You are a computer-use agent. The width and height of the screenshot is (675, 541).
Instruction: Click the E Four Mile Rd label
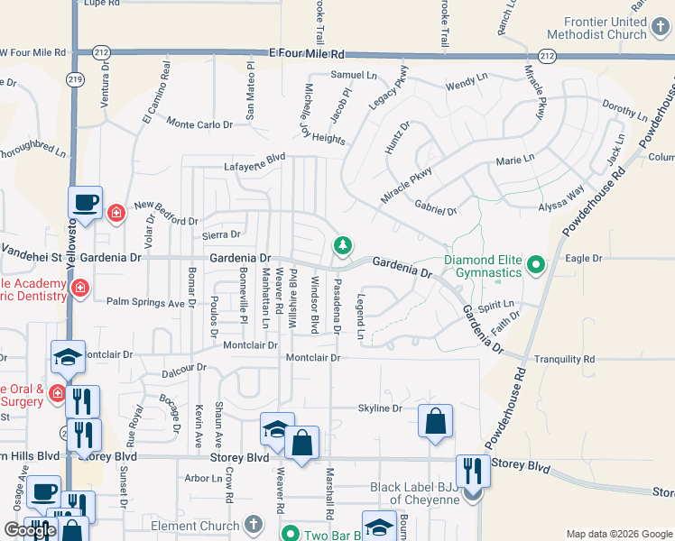coord(308,54)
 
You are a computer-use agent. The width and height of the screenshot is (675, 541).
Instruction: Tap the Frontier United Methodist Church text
coord(605,28)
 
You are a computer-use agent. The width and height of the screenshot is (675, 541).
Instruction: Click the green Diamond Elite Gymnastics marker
coord(535,264)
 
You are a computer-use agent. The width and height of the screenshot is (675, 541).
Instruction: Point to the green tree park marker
coord(342,244)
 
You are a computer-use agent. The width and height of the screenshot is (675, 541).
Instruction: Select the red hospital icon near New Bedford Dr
coord(116,214)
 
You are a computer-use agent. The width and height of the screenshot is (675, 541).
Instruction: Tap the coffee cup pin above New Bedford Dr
coord(86,201)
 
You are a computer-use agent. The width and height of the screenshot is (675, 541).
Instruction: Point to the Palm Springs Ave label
coord(145,302)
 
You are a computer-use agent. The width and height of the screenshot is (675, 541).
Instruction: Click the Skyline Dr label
coord(380,408)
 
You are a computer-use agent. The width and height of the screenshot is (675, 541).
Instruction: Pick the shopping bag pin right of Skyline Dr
coord(436,421)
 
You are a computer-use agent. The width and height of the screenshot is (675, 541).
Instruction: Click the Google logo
coord(30,530)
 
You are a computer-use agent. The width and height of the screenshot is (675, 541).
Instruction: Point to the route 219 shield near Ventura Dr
coord(71,79)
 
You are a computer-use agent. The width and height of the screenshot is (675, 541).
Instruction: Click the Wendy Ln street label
coord(466,82)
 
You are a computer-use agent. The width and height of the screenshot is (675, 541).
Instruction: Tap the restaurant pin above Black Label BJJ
coord(473,470)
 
